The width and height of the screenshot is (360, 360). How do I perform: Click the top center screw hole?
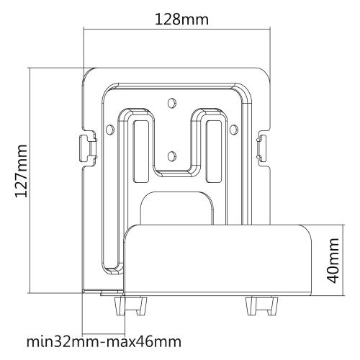point(171,102)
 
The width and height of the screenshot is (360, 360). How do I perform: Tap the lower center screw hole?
point(171,154)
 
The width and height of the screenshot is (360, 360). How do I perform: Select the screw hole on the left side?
point(109,129)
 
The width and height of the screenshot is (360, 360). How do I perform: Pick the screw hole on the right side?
point(233,129)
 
